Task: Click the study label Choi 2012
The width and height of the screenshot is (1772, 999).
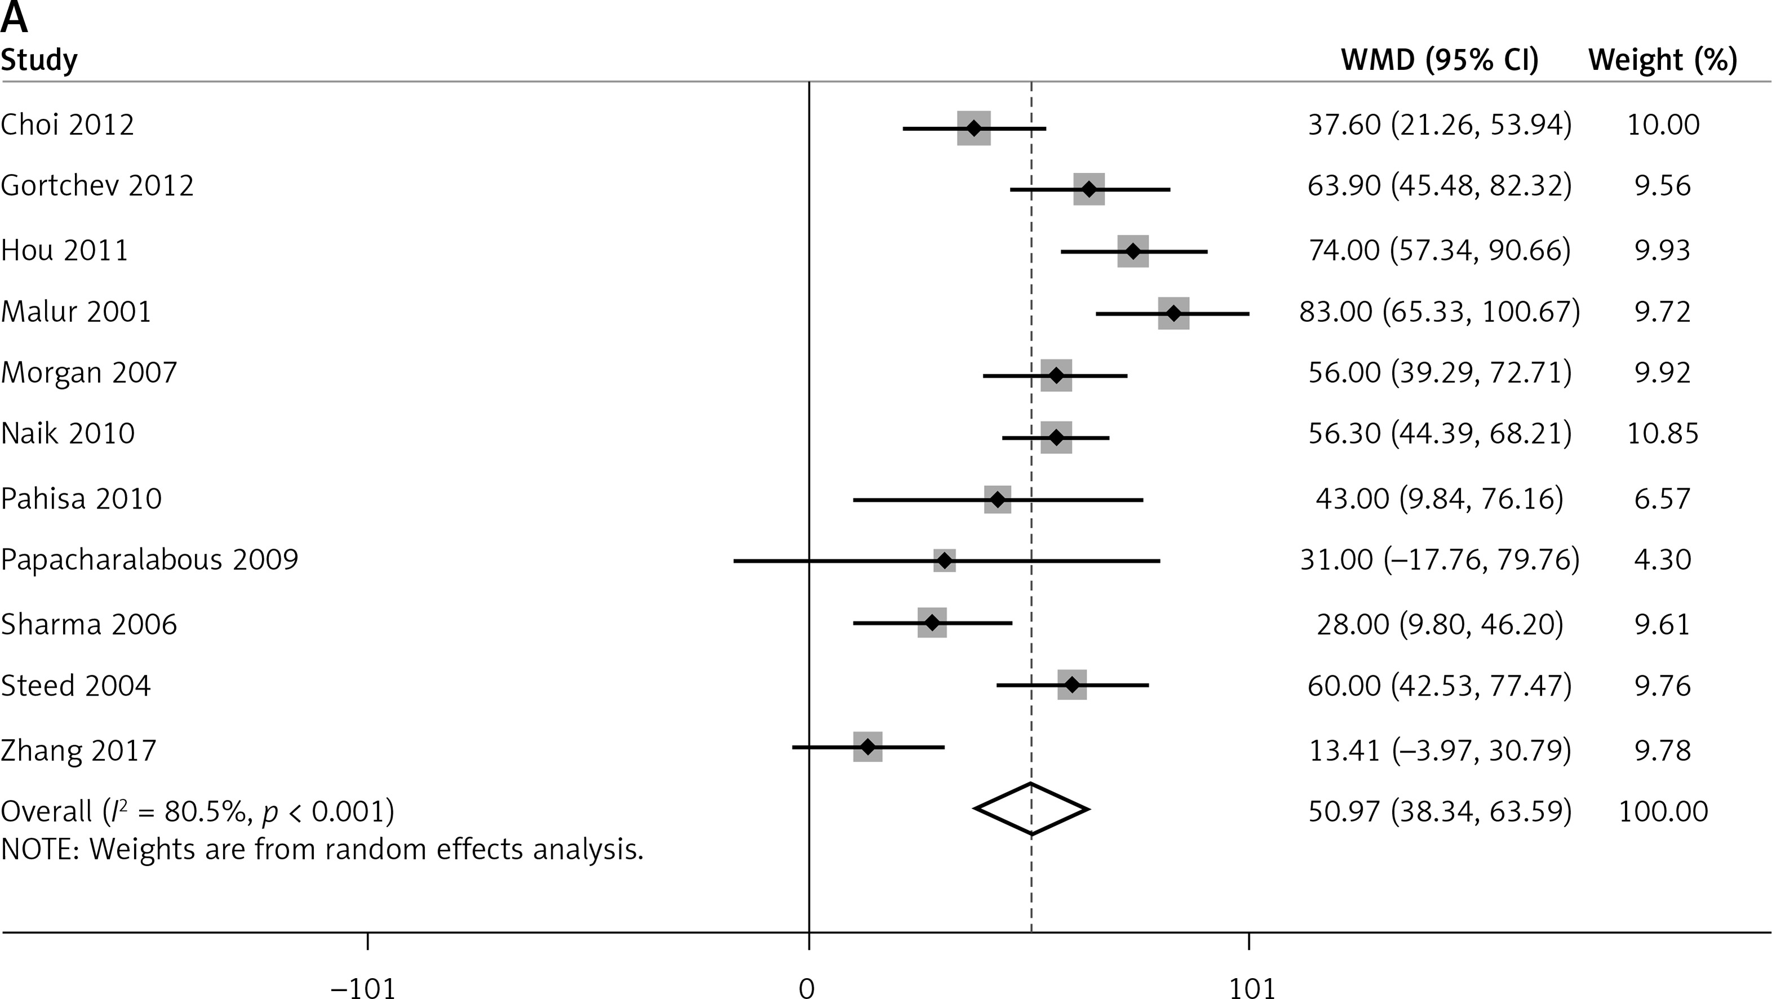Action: pos(68,125)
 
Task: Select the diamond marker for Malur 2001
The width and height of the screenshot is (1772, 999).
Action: pos(1173,313)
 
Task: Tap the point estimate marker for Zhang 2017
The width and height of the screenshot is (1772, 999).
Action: pos(867,746)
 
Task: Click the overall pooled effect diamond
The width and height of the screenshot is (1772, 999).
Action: pos(1031,808)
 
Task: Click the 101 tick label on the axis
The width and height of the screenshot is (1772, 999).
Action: pos(1252,988)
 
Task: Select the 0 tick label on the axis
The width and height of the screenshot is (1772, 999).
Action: pos(807,988)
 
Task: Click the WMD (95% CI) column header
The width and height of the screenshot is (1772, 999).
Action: pos(1439,60)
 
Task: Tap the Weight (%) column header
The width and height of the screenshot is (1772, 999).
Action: pos(1663,60)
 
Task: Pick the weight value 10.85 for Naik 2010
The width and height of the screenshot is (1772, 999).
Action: pos(1663,434)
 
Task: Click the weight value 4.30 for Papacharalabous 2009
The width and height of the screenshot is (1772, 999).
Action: pos(1663,559)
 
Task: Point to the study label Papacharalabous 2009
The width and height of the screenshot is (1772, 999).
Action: pos(150,559)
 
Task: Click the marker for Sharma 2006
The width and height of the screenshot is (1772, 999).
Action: pos(932,622)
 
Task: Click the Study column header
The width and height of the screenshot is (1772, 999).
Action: pos(39,60)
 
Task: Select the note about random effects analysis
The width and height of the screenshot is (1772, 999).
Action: pos(322,849)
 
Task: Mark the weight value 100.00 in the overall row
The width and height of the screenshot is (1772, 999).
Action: pos(1663,812)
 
